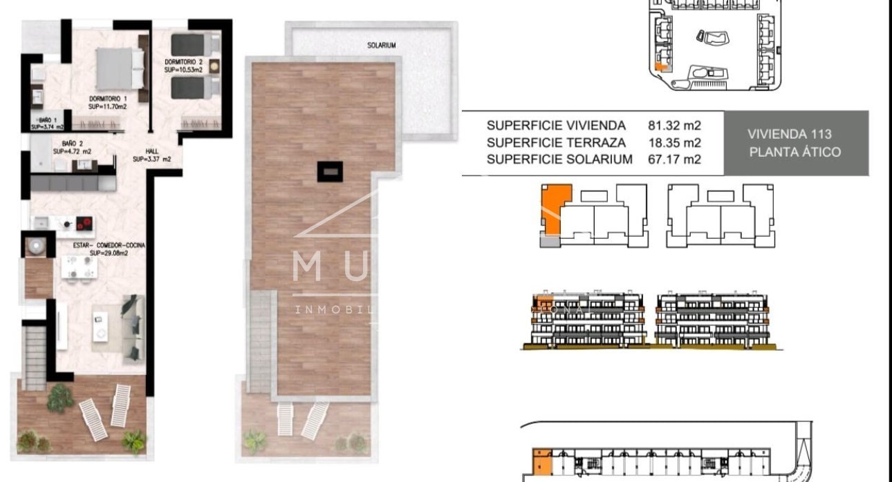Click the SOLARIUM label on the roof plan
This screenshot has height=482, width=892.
pyautogui.click(x=382, y=46)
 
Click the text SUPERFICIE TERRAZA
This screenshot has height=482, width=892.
pyautogui.click(x=556, y=143)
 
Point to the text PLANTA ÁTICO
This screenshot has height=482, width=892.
pyautogui.click(x=795, y=152)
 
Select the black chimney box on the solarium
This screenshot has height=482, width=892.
pyautogui.click(x=329, y=171)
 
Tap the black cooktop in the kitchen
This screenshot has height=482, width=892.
pyautogui.click(x=84, y=223)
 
